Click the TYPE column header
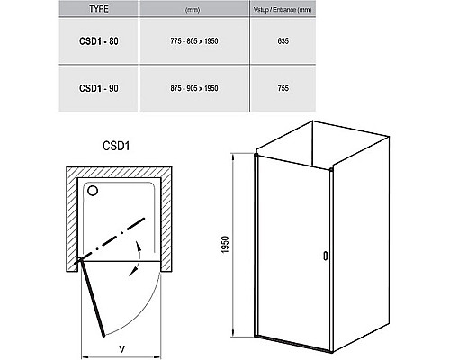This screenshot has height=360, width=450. [x=99, y=9]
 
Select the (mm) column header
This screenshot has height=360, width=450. [x=193, y=10]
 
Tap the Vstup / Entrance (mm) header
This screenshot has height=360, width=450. [x=283, y=10]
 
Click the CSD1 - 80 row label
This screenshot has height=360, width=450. [x=99, y=41]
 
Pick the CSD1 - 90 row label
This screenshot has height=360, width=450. [x=99, y=88]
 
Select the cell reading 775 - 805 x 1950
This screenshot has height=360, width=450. [x=194, y=41]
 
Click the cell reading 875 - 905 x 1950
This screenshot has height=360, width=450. [x=194, y=88]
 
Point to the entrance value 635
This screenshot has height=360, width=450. [x=283, y=41]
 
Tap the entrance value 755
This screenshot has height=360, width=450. [x=283, y=88]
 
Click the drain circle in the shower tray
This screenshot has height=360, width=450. [x=93, y=191]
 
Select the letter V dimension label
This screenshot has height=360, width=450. [x=121, y=349]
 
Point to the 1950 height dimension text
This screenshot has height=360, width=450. [x=225, y=245]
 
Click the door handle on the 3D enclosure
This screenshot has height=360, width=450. [x=325, y=256]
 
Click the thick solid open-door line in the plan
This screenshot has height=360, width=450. [x=93, y=298]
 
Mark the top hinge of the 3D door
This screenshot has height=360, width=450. [x=256, y=155]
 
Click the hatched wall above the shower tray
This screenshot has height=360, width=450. [x=119, y=172]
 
